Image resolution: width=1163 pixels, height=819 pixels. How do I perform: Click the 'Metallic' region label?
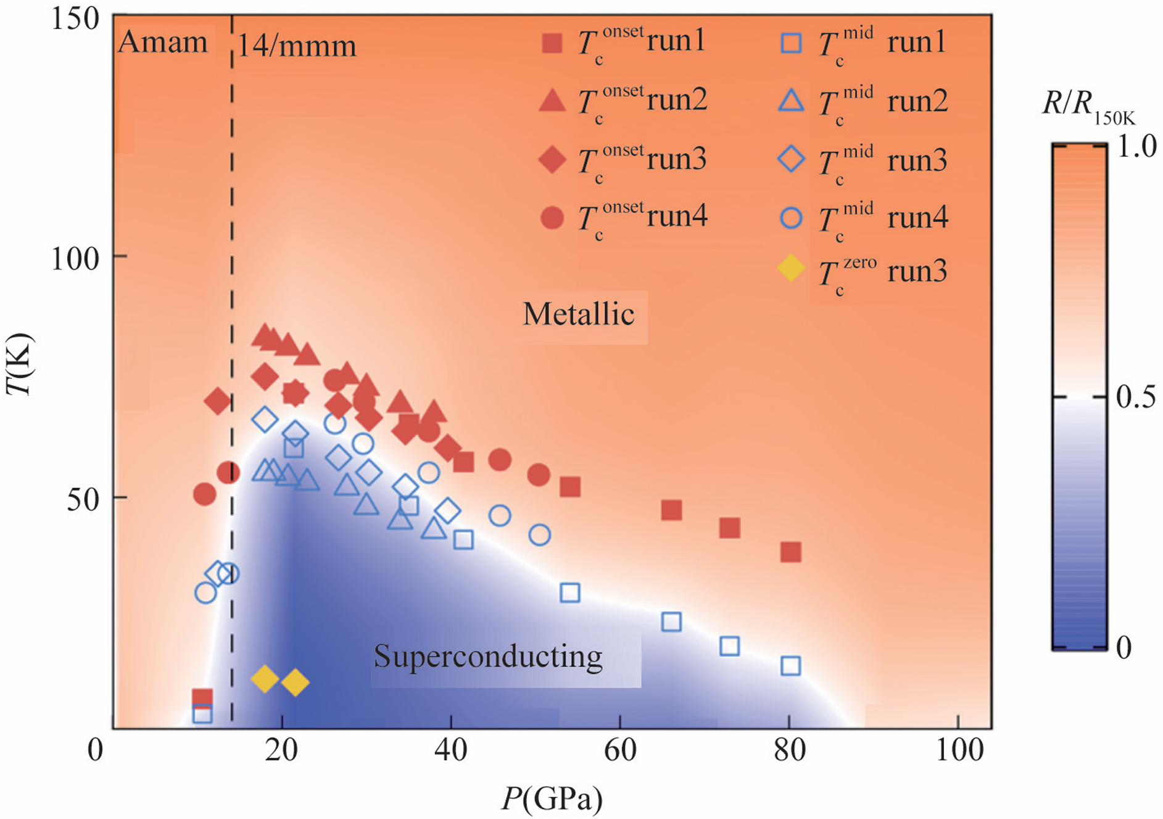click(x=578, y=314)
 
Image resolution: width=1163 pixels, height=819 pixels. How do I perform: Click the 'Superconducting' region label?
click(x=488, y=657)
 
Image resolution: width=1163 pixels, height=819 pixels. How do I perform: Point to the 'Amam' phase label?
click(x=163, y=43)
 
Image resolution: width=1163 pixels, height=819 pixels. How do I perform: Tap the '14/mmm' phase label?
click(x=297, y=46)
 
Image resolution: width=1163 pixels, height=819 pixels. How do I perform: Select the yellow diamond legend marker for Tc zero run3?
click(x=791, y=268)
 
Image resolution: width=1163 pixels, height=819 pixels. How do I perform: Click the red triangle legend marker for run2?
click(x=552, y=101)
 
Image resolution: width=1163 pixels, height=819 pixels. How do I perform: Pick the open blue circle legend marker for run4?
click(x=791, y=217)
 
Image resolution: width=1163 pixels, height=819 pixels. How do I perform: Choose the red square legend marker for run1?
click(x=552, y=43)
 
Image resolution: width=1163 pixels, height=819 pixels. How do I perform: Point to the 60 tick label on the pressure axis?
click(x=620, y=750)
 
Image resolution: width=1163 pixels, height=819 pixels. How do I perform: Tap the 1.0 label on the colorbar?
click(x=1136, y=147)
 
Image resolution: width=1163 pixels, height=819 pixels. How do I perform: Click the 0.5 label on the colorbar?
click(x=1136, y=397)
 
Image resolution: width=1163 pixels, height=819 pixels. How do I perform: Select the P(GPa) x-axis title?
click(x=552, y=798)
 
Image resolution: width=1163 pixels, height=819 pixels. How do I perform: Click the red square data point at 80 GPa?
click(x=790, y=552)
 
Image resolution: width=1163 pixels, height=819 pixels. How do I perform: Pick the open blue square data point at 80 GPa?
click(x=790, y=666)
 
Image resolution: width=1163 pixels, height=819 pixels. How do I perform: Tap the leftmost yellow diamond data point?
click(x=265, y=679)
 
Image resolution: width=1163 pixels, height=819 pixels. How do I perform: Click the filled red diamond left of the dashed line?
click(x=217, y=402)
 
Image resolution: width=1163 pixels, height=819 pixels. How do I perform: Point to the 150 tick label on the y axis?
click(x=75, y=20)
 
